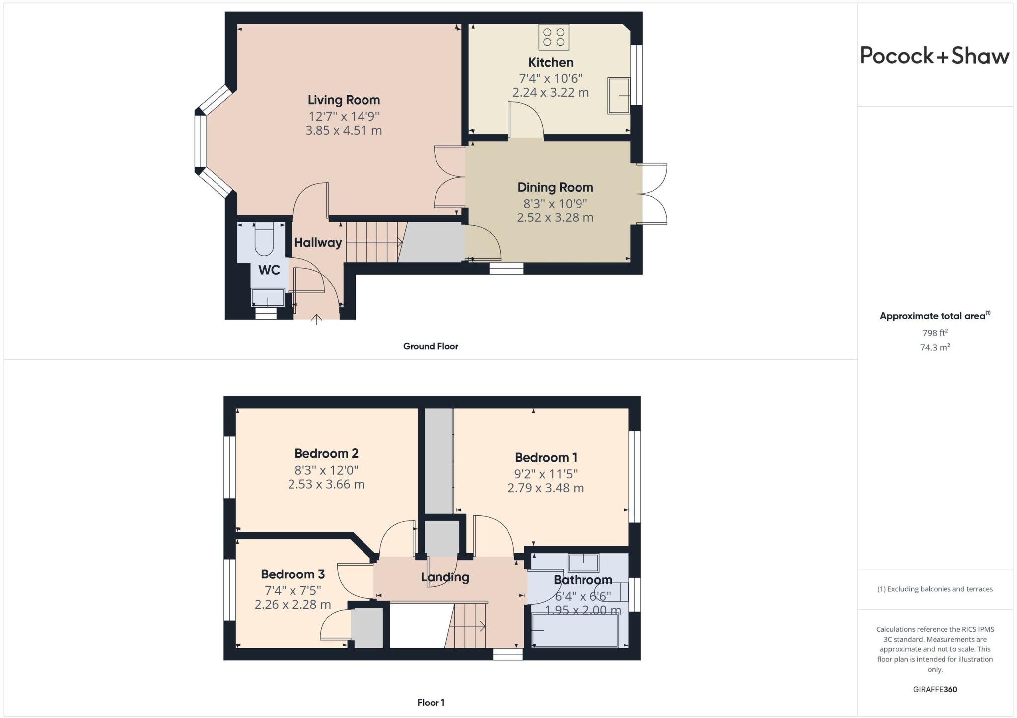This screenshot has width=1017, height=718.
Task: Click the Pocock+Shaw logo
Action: click(x=934, y=55)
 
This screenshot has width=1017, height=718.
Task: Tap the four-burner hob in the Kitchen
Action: click(x=554, y=37)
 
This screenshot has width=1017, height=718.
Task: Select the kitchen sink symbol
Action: click(x=619, y=95)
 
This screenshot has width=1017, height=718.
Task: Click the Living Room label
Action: click(x=344, y=100)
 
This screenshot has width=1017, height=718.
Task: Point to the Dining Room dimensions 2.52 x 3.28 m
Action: click(x=555, y=217)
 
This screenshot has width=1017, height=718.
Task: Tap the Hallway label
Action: click(x=318, y=242)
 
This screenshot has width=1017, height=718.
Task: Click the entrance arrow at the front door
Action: click(x=316, y=319)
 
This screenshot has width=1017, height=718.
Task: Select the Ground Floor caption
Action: click(x=431, y=346)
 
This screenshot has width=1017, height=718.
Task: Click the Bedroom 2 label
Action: click(x=326, y=453)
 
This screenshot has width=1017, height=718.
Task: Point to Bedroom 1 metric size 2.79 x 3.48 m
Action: click(x=545, y=488)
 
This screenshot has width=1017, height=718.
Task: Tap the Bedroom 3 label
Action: click(x=292, y=574)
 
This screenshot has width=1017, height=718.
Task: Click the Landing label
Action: click(x=445, y=577)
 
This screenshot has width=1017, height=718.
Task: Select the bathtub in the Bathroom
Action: click(x=575, y=631)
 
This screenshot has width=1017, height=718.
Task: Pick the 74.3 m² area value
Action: click(x=935, y=347)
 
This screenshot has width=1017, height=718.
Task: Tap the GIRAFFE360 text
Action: click(x=935, y=689)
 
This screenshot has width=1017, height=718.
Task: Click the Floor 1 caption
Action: click(x=431, y=702)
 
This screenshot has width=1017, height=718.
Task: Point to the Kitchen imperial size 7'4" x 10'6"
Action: click(x=550, y=78)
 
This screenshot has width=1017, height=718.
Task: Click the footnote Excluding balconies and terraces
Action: click(x=935, y=589)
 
